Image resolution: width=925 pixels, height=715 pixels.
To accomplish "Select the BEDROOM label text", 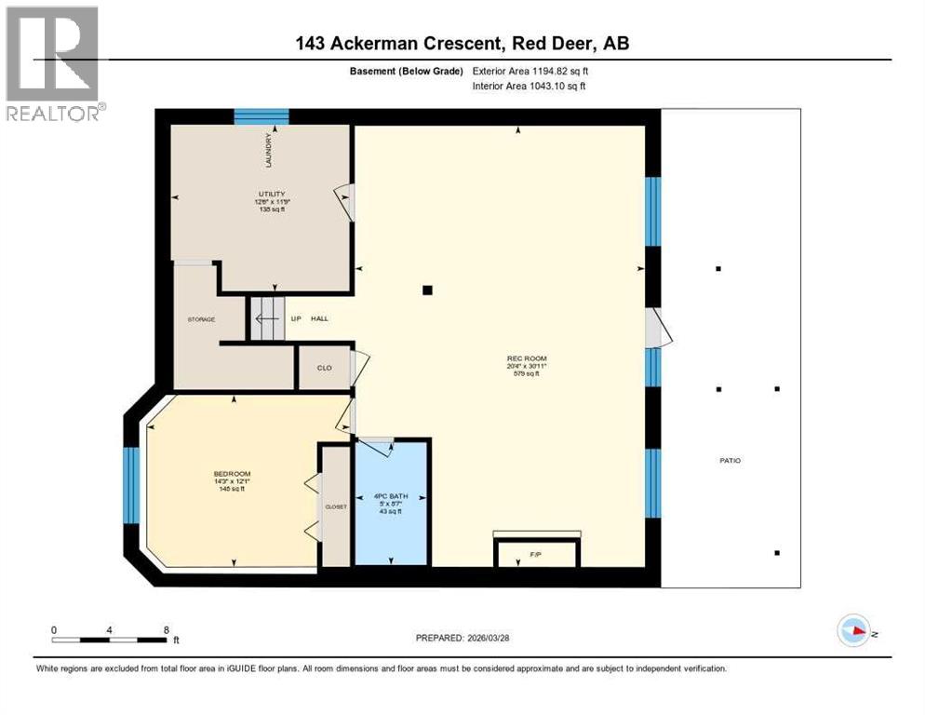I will pyautogui.click(x=232, y=474).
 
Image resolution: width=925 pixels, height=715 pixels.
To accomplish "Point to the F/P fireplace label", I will pyautogui.click(x=535, y=555).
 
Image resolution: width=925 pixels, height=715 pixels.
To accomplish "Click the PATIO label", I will pyautogui.click(x=730, y=460).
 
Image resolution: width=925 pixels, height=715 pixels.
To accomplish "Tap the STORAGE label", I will pyautogui.click(x=201, y=319).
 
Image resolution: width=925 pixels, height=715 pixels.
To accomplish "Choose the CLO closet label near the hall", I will pyautogui.click(x=324, y=368).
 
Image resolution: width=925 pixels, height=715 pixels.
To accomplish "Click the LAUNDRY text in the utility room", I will pyautogui.click(x=266, y=152).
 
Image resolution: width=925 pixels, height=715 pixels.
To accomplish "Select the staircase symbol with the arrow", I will pyautogui.click(x=265, y=318).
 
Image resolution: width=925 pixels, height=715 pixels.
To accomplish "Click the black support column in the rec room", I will pyautogui.click(x=427, y=290).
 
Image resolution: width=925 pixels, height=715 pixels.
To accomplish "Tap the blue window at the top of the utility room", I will pyautogui.click(x=261, y=116).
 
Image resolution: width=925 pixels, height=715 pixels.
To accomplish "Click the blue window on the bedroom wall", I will pyautogui.click(x=131, y=484).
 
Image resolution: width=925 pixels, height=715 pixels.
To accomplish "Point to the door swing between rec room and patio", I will pyautogui.click(x=656, y=327).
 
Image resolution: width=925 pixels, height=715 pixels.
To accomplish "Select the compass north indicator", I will pyautogui.click(x=853, y=632).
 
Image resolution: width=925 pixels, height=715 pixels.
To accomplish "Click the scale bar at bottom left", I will pyautogui.click(x=110, y=639).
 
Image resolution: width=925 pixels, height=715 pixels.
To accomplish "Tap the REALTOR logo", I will pyautogui.click(x=53, y=63).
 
